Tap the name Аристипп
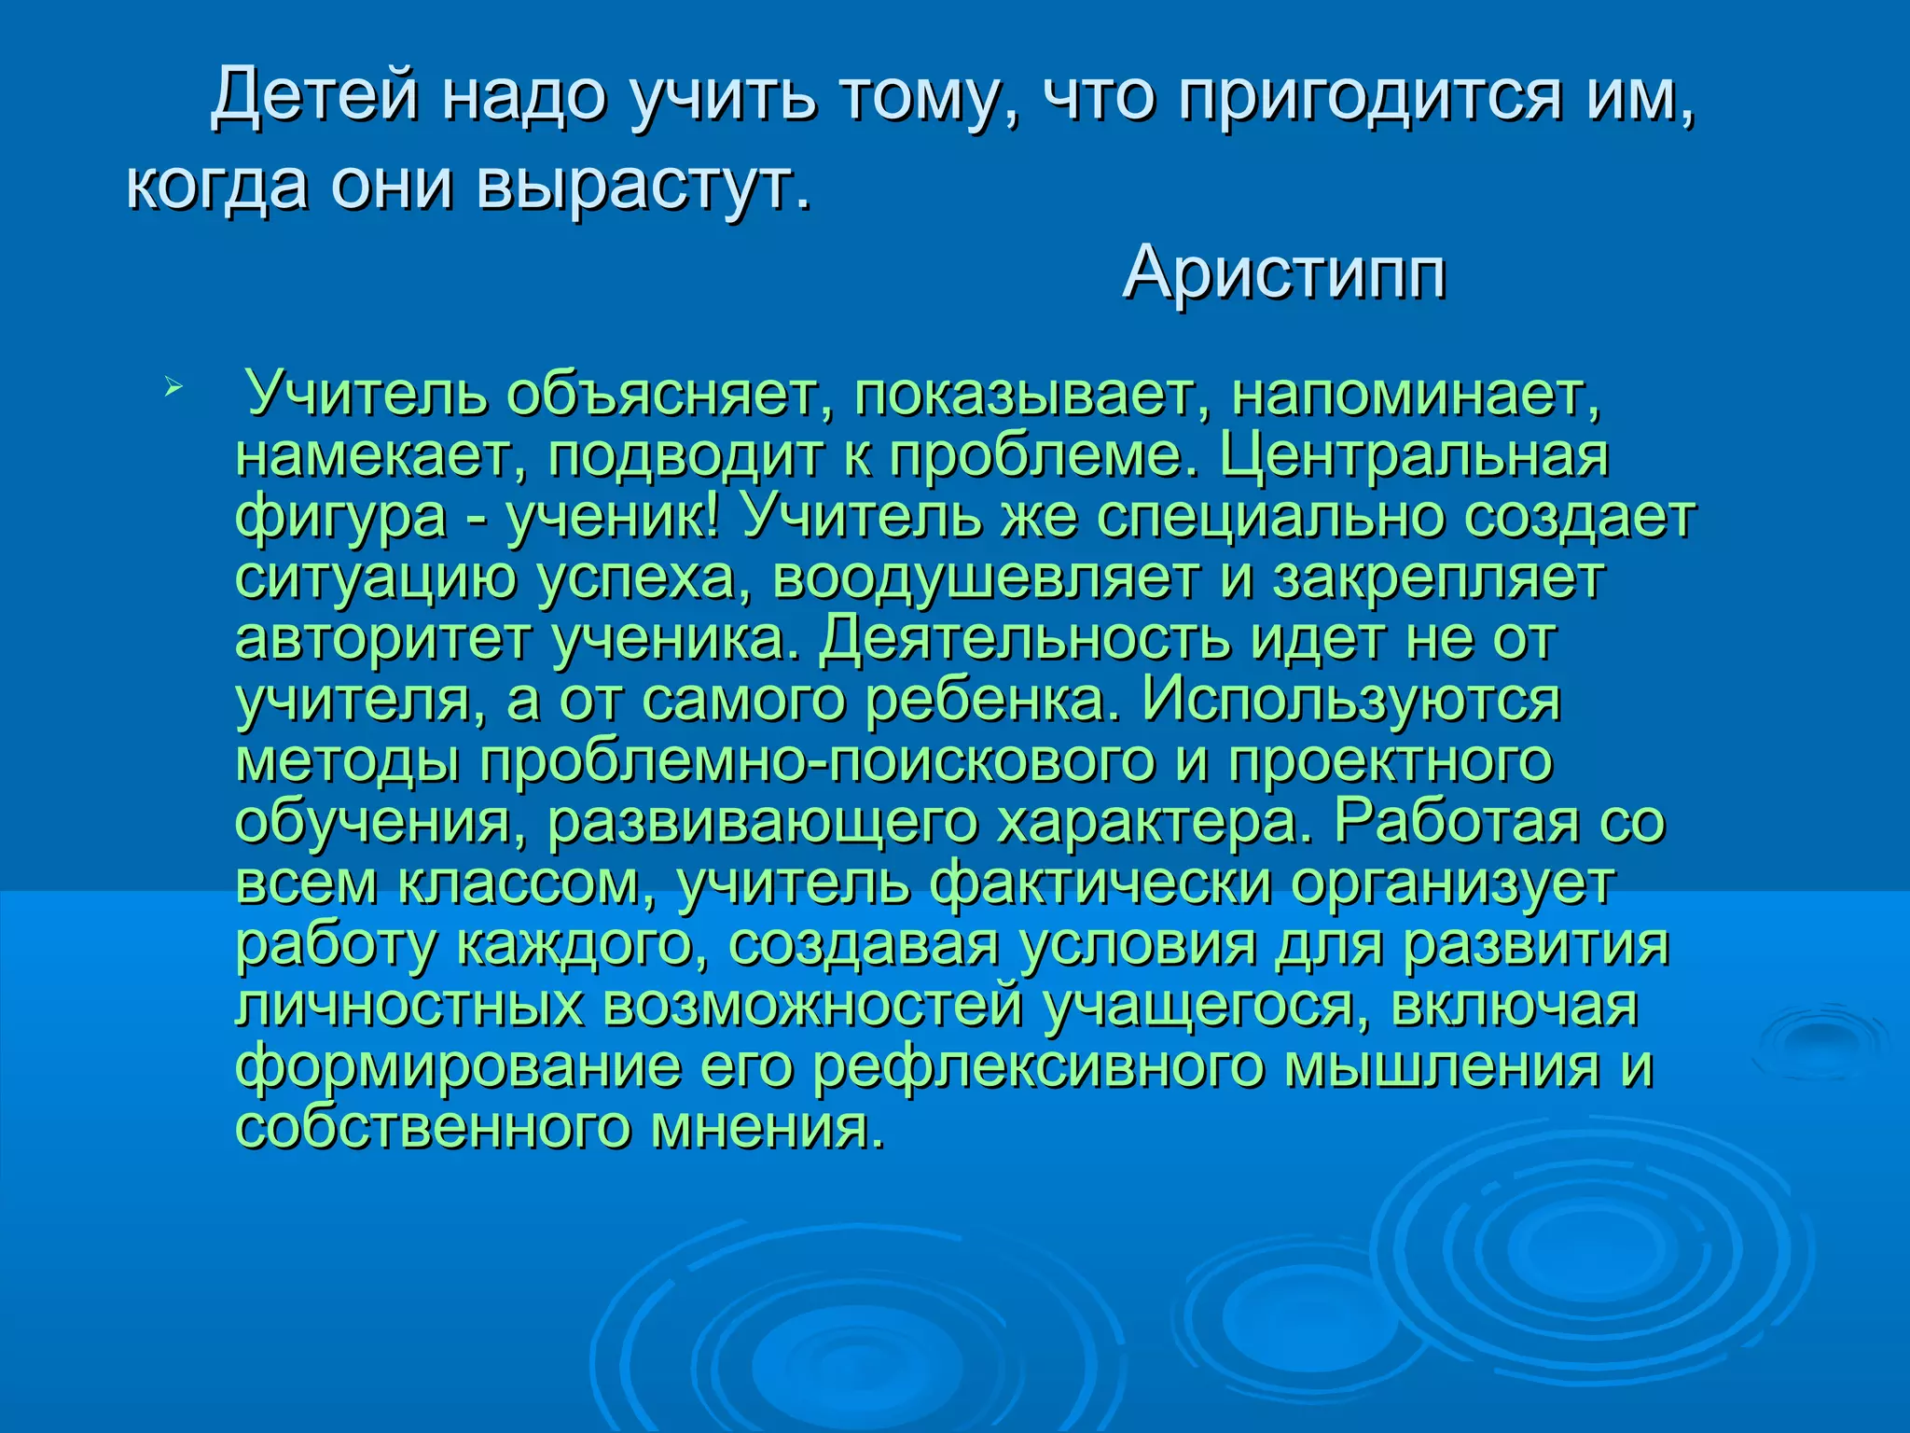pyautogui.click(x=1284, y=272)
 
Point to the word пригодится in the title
pyautogui.click(x=1367, y=97)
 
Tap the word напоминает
pyautogui.click(x=1415, y=395)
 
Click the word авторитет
pyautogui.click(x=382, y=639)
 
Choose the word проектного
pyautogui.click(x=1390, y=760)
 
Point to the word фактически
pyautogui.click(x=1100, y=883)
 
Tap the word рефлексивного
pyautogui.click(x=1038, y=1066)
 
